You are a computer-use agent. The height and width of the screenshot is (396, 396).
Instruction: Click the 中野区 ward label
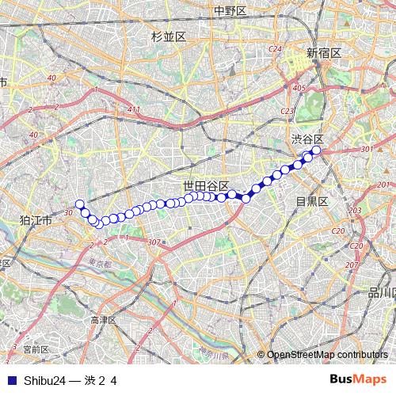[x=230, y=11]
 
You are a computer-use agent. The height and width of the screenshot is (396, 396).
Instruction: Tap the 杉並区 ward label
[x=168, y=37]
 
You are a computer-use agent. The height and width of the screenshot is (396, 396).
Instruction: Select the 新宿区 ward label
[x=324, y=52]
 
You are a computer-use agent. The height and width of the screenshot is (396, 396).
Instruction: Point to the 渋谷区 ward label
[x=308, y=139]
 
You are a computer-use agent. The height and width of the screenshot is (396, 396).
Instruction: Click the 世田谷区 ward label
[x=206, y=185]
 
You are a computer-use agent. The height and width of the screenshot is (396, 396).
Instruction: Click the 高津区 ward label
[x=104, y=320]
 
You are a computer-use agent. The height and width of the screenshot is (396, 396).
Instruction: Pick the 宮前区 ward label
[x=36, y=348]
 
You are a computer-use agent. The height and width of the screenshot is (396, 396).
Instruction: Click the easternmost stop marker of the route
[x=316, y=150]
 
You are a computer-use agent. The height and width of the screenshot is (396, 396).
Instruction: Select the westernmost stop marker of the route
[x=79, y=204]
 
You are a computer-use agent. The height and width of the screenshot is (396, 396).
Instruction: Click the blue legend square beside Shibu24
[x=11, y=380]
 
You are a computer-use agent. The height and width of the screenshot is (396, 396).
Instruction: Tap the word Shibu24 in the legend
[x=43, y=380]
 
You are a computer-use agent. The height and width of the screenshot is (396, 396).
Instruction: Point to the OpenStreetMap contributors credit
[x=327, y=355]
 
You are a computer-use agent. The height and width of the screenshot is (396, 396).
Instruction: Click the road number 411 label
[x=133, y=109]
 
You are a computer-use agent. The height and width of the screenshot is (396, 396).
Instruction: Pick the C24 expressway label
[x=276, y=49]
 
